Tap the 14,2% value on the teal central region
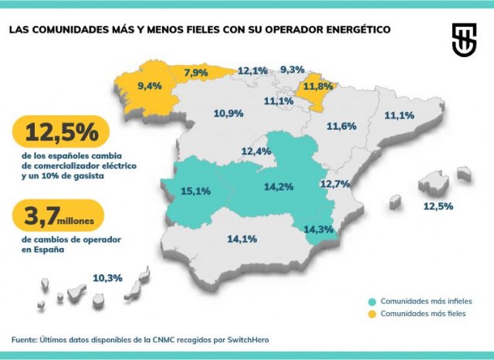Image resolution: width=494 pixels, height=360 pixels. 278,186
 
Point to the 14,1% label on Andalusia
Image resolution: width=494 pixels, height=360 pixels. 242,239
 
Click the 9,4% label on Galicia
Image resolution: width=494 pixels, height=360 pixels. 148,85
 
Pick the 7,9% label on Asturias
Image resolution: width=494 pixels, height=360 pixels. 197,73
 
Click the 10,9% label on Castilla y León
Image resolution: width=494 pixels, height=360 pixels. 228,114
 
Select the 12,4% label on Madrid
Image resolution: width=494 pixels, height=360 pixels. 256,151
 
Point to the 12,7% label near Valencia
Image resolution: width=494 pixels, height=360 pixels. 335,184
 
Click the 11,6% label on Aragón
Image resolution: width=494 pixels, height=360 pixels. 341,126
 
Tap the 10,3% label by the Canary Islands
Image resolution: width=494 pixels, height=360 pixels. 107,277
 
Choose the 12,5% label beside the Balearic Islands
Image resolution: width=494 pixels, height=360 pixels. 438,206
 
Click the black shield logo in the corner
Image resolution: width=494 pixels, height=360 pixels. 464,39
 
